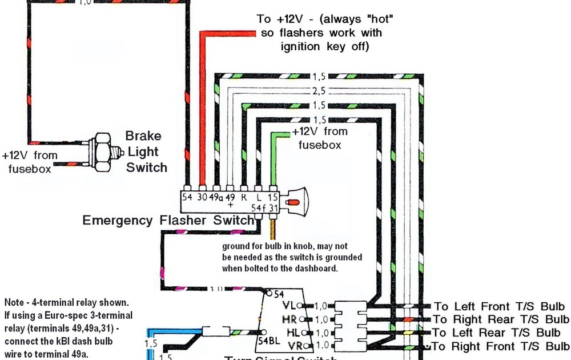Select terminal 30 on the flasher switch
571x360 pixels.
click(201, 197)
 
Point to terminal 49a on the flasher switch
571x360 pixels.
click(216, 197)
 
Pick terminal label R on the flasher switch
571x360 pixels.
click(244, 197)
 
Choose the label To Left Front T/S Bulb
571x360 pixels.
click(499, 306)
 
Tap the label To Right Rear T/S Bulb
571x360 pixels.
click(501, 319)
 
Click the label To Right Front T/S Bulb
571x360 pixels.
click(500, 346)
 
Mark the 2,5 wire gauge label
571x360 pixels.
click(319, 91)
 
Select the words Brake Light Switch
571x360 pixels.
click(146, 152)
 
